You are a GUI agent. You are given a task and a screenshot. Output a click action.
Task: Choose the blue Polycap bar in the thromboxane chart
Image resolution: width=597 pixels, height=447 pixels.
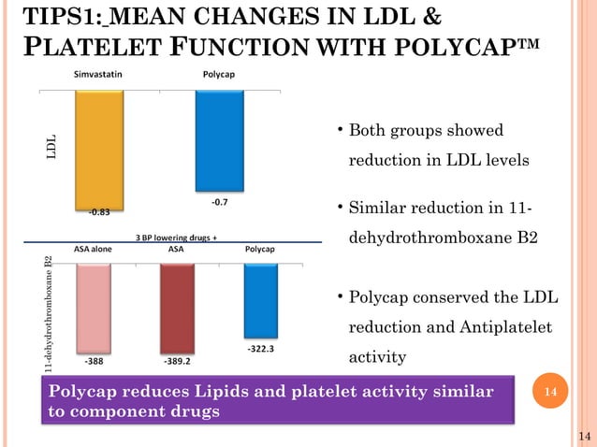click(x=259, y=299)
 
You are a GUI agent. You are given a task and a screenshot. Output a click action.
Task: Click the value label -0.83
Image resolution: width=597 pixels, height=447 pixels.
click(x=98, y=211)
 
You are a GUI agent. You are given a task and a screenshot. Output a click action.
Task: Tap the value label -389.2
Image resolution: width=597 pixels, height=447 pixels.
click(x=177, y=359)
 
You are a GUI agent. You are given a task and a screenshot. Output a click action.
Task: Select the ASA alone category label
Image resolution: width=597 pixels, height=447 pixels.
click(x=94, y=250)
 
